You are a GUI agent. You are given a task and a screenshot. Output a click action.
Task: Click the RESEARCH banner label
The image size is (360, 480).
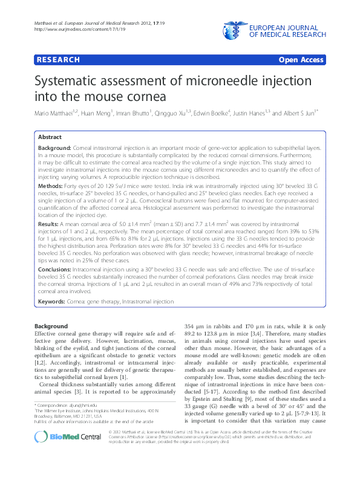58,60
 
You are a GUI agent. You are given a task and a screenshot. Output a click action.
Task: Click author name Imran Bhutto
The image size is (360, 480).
134,113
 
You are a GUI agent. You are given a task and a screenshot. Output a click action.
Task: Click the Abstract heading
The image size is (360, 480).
50,137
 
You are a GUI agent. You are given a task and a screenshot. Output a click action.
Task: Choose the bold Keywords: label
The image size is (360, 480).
52,300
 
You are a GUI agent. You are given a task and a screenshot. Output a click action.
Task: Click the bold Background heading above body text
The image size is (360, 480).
51,326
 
